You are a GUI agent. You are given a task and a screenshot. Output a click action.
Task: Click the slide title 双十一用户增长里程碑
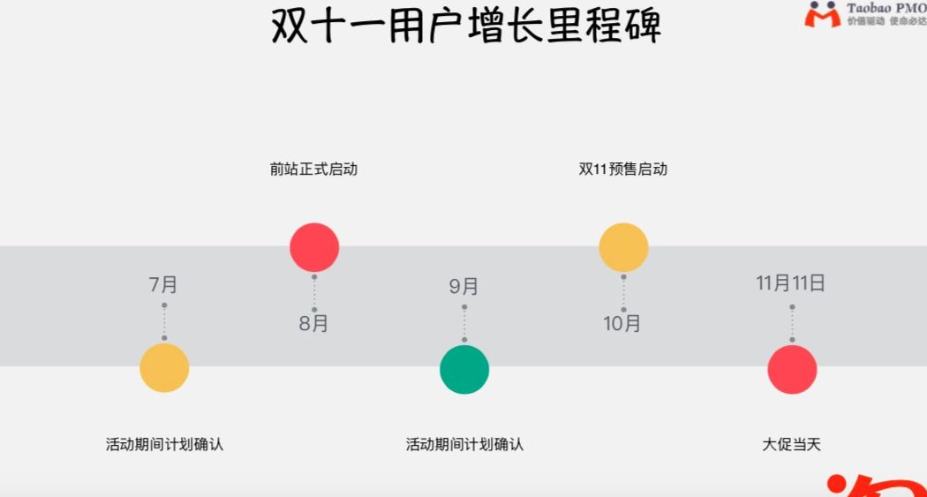coord(465,26)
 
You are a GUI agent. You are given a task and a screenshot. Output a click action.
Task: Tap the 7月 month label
coord(163,284)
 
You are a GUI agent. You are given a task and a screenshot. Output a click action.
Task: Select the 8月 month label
coord(313,323)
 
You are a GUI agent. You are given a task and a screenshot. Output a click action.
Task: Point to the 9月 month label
coord(463,286)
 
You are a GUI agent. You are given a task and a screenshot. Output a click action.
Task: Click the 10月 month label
coord(622,323)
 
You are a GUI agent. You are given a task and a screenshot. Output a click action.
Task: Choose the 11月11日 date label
coord(791,283)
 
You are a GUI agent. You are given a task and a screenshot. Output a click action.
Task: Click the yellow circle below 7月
coord(164,368)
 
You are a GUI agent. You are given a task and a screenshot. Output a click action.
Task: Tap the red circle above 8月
coord(314,247)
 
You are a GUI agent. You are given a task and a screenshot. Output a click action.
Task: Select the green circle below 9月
coord(464,370)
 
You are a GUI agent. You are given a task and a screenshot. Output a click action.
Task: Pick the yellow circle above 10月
coord(623,247)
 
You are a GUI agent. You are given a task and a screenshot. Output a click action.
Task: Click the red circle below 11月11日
coord(792,369)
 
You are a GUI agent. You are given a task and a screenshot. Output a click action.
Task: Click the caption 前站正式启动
coord(313,169)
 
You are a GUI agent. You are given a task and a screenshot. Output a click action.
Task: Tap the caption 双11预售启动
coord(622,169)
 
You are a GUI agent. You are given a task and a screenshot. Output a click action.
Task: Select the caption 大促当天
coord(792,444)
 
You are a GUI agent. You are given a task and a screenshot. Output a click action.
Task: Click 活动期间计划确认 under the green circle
coord(464,444)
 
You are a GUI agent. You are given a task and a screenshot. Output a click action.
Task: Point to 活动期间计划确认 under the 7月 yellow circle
coord(164,444)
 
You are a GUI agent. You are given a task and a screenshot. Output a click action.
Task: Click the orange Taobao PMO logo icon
coord(822,14)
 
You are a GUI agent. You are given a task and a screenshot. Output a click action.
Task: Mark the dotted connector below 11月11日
coord(792,323)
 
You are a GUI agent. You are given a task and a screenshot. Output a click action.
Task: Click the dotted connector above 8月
coord(314,293)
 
